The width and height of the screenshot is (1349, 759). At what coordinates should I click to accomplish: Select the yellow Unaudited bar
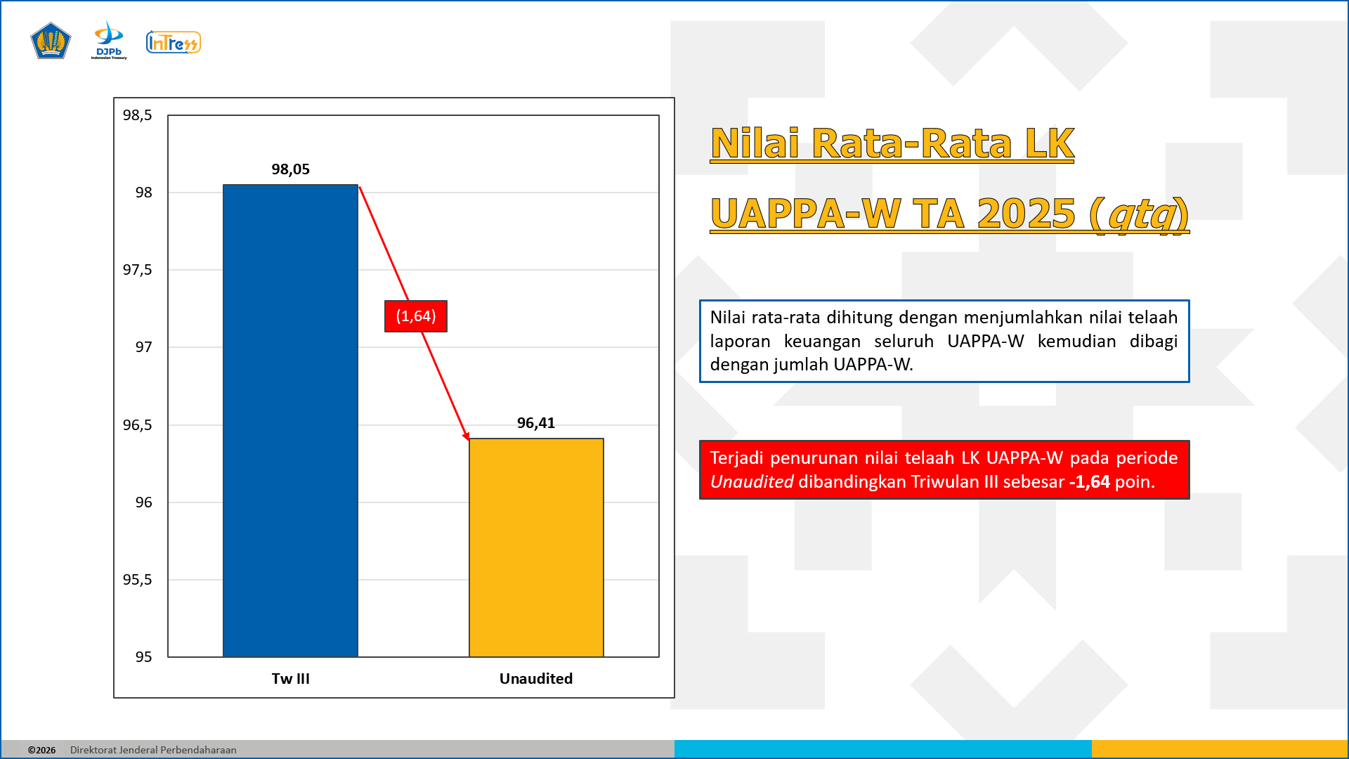(536, 547)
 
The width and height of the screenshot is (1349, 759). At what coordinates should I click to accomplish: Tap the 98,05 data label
(290, 169)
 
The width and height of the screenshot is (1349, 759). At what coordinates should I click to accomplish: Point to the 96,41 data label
(536, 423)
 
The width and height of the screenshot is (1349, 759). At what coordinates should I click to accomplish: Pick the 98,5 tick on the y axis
(137, 115)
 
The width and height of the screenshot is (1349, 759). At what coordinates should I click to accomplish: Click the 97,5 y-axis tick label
(137, 270)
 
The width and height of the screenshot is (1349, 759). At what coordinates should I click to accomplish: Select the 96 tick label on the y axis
(143, 502)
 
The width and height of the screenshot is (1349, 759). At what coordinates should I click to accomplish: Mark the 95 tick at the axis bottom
(143, 657)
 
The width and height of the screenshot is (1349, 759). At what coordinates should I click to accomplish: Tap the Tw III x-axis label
(290, 679)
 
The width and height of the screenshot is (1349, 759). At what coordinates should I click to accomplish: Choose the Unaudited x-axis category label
(536, 679)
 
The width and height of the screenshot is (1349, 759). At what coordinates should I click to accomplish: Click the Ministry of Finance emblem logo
(51, 41)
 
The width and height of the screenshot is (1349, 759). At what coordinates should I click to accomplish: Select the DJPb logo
(109, 41)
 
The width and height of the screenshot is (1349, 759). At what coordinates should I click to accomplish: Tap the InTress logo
(173, 43)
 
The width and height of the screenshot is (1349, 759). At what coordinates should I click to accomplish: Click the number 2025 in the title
(1026, 214)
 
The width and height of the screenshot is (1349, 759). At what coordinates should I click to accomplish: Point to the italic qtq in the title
(1142, 214)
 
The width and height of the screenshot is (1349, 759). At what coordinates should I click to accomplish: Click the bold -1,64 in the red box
(1089, 482)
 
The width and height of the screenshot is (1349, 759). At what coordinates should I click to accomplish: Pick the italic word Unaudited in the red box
(751, 482)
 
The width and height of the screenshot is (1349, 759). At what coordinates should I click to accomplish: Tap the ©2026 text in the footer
(41, 750)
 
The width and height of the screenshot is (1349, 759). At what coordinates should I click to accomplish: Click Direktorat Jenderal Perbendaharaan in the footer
(153, 750)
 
